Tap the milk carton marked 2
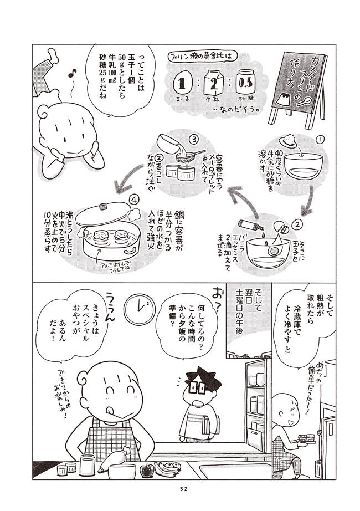pos(214,83)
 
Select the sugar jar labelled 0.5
pos(246,81)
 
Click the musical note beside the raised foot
pos(73,73)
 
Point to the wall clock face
pos(140,309)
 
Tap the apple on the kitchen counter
pos(146,471)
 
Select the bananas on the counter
pos(168,468)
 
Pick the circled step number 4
pos(133,200)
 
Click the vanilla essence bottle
pos(251,224)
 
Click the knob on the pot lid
pos(104,206)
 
